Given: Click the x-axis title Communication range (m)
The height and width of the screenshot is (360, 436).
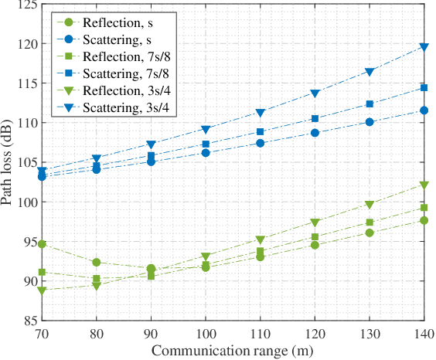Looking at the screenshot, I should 233,351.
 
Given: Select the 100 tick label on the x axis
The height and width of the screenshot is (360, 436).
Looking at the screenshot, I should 206,334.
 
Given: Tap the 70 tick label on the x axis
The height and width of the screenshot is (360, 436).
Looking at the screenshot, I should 43,334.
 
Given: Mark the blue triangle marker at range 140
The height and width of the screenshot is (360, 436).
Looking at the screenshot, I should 424,47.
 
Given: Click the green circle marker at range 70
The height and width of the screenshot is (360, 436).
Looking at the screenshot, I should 43,244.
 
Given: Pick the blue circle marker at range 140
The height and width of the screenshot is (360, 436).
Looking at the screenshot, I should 424,110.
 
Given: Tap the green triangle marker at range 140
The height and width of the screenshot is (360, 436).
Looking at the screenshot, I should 424,185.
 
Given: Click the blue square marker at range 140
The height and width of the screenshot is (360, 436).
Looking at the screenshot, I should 424,88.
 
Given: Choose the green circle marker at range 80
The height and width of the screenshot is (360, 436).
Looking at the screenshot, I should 97,263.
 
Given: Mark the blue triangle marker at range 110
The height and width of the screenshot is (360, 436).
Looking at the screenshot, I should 261,113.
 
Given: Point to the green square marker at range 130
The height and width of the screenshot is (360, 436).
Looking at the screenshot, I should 370,222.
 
